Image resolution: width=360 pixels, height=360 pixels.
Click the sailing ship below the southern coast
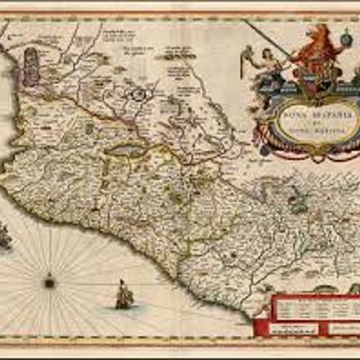pyautogui.click(x=123, y=294)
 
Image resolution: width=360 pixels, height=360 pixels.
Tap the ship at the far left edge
pyautogui.click(x=4, y=237)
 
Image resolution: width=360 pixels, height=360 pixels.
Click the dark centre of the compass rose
pyautogui.click(x=49, y=283)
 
